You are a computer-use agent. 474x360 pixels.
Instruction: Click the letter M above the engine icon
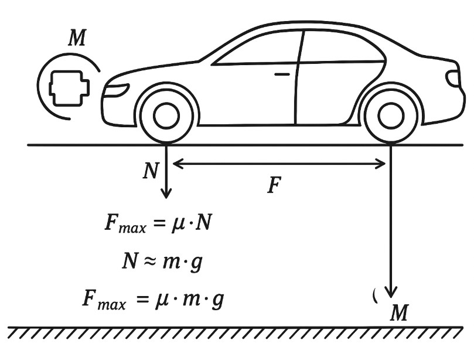pyautogui.click(x=77, y=38)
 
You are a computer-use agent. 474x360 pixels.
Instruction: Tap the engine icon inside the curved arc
pyautogui.click(x=69, y=89)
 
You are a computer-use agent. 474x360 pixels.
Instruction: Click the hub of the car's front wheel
pyautogui.click(x=166, y=116)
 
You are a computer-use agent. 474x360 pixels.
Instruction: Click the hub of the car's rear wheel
pyautogui.click(x=391, y=116)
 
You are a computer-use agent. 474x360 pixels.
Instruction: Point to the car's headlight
pyautogui.click(x=117, y=90)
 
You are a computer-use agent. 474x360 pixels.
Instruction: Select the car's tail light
pyautogui.click(x=452, y=78)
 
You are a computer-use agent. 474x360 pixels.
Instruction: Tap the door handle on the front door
pyautogui.click(x=282, y=74)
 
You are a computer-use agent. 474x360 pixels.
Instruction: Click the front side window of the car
pyautogui.click(x=258, y=49)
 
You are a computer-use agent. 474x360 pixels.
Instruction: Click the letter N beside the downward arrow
pyautogui.click(x=151, y=171)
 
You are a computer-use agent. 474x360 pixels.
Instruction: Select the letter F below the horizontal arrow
pyautogui.click(x=274, y=185)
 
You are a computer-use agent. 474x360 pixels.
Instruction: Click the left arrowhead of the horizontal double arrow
pyautogui.click(x=178, y=164)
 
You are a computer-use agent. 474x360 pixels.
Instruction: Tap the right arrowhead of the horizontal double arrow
pyautogui.click(x=380, y=164)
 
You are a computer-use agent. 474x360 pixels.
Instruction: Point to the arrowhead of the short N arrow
pyautogui.click(x=166, y=193)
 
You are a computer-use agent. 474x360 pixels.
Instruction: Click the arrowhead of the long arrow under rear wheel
pyautogui.click(x=391, y=292)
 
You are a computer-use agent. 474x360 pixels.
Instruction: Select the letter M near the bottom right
pyautogui.click(x=399, y=313)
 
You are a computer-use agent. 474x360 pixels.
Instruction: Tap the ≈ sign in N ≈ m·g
pyautogui.click(x=150, y=261)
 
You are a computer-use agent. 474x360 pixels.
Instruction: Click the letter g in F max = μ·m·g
pyautogui.click(x=217, y=300)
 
